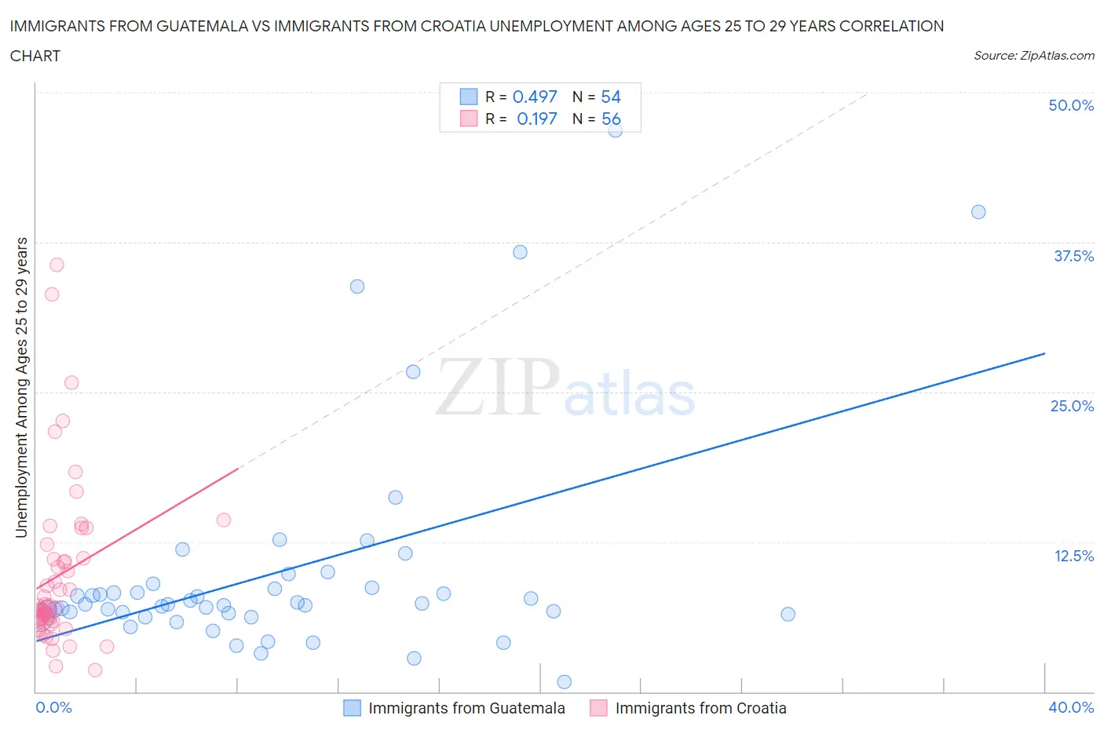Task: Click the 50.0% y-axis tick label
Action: (1071, 105)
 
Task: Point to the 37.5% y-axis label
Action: (1073, 256)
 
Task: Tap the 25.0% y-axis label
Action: (1072, 406)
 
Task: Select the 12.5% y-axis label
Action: (1073, 556)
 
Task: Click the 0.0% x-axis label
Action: (53, 707)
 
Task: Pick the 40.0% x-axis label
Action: (1071, 707)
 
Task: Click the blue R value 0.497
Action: (535, 97)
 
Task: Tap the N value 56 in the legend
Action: (611, 119)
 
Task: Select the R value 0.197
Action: (537, 119)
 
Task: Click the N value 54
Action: (611, 97)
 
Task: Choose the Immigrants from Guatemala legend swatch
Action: (353, 708)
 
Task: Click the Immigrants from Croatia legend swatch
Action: (599, 708)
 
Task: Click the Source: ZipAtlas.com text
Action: (1033, 56)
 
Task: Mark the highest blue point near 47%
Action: (616, 130)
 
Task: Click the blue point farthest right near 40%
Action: (978, 212)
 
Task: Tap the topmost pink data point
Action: (57, 265)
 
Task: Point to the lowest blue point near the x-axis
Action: (564, 681)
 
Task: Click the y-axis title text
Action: (21, 387)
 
